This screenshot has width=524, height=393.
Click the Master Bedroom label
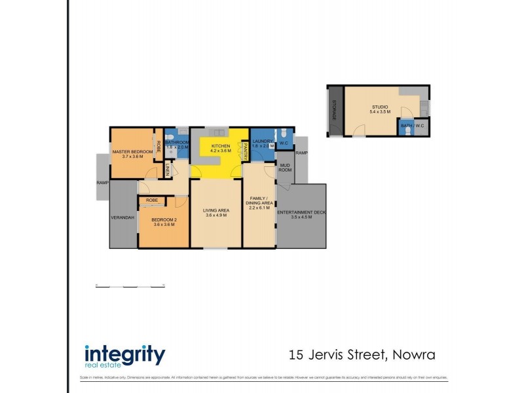[132, 152]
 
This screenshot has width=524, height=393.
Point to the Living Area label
[215, 211]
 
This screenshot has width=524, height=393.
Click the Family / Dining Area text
[259, 200]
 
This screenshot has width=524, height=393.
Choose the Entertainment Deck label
[301, 214]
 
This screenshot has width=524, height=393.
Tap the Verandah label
[122, 217]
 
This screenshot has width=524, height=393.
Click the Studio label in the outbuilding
[380, 107]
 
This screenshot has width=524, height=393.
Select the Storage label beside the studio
[334, 109]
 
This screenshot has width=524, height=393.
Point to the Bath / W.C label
[413, 124]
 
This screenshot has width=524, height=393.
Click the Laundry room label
[262, 141]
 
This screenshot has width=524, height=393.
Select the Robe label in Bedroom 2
[151, 200]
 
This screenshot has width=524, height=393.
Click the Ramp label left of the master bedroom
[102, 183]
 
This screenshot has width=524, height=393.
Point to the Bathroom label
[177, 142]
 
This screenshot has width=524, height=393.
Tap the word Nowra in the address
[414, 356]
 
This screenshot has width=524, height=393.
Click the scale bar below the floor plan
[130, 286]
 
